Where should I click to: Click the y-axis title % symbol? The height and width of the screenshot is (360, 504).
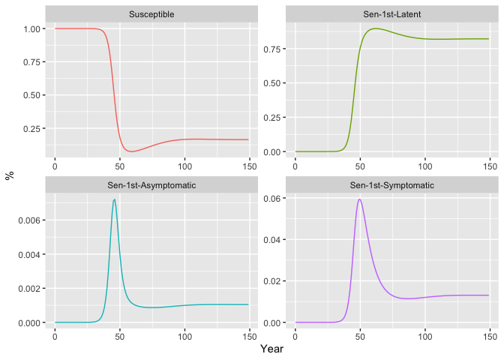10,175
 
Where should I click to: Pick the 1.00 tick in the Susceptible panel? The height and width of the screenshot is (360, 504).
34,28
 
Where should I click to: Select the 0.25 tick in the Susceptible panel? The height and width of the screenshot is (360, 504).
34,128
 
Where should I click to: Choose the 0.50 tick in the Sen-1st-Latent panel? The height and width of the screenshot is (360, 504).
274,83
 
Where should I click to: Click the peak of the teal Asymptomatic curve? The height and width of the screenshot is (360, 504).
114,199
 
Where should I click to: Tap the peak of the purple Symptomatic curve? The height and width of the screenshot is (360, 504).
360,199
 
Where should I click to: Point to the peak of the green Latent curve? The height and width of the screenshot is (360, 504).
375,28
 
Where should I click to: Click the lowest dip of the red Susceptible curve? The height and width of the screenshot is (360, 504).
133,151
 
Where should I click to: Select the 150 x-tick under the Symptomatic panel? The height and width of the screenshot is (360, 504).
489,334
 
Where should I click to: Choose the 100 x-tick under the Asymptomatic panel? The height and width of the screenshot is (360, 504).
184,334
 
